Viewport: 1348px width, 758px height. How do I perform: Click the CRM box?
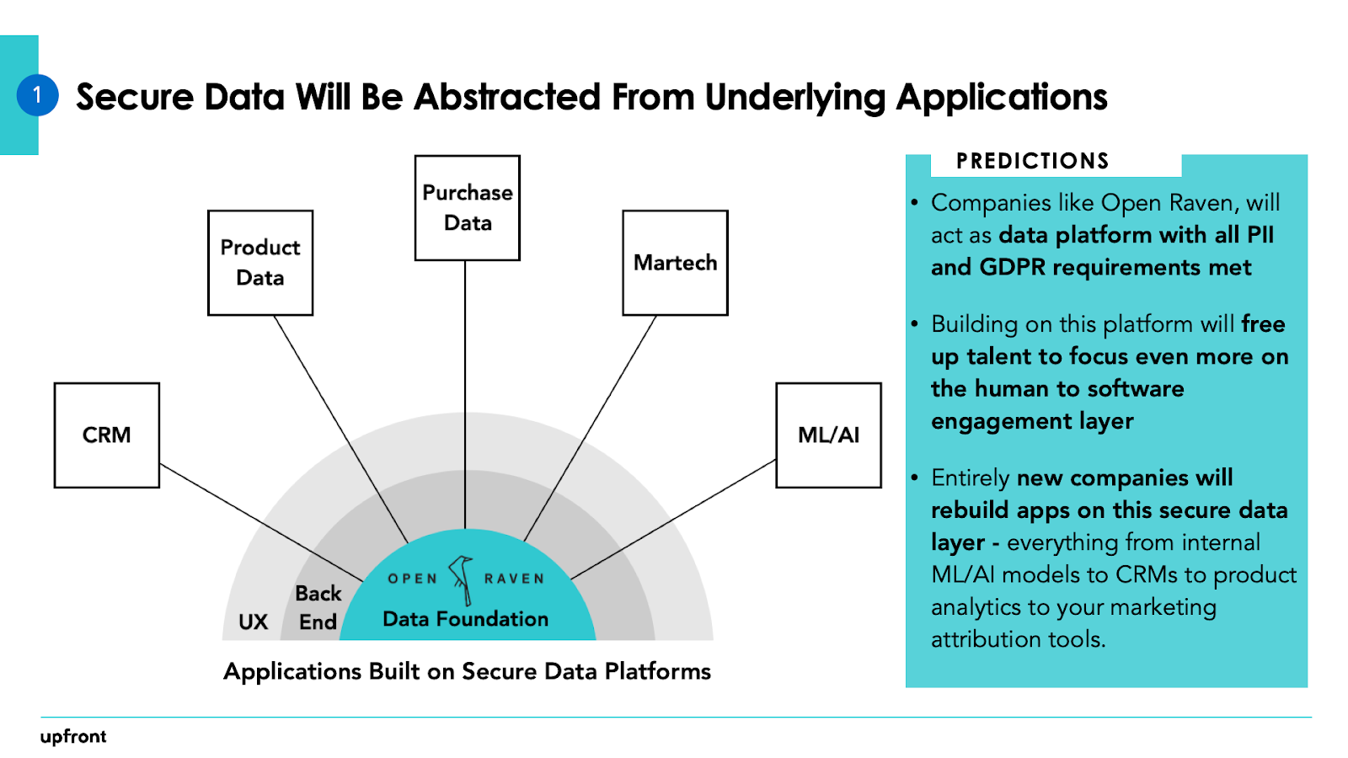coord(107,435)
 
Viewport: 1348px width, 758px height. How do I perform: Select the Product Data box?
coord(260,263)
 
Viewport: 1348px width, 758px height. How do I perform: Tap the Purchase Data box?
coord(468,208)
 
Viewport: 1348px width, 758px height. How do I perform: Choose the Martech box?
coord(675,263)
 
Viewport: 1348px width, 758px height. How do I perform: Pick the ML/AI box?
coord(828,435)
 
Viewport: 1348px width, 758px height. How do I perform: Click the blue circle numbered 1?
coord(37,95)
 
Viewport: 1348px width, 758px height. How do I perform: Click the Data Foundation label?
coord(465,619)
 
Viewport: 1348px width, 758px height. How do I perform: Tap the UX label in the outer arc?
coord(253,622)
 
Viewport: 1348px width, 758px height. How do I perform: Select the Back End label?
coord(318,607)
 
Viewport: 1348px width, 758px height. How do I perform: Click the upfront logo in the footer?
coord(73,736)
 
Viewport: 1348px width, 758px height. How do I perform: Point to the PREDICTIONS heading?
coord(1032,161)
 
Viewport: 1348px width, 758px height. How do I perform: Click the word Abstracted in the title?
coord(508,98)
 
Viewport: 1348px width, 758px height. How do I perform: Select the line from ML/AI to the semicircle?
coord(674,519)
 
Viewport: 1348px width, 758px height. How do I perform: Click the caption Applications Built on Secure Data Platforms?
coord(467,671)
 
